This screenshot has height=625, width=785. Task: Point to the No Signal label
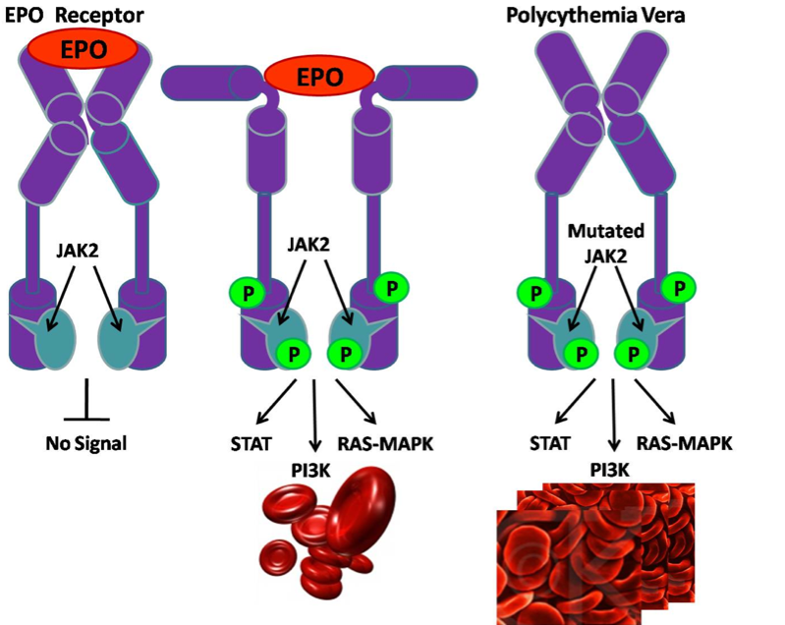coord(86,442)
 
